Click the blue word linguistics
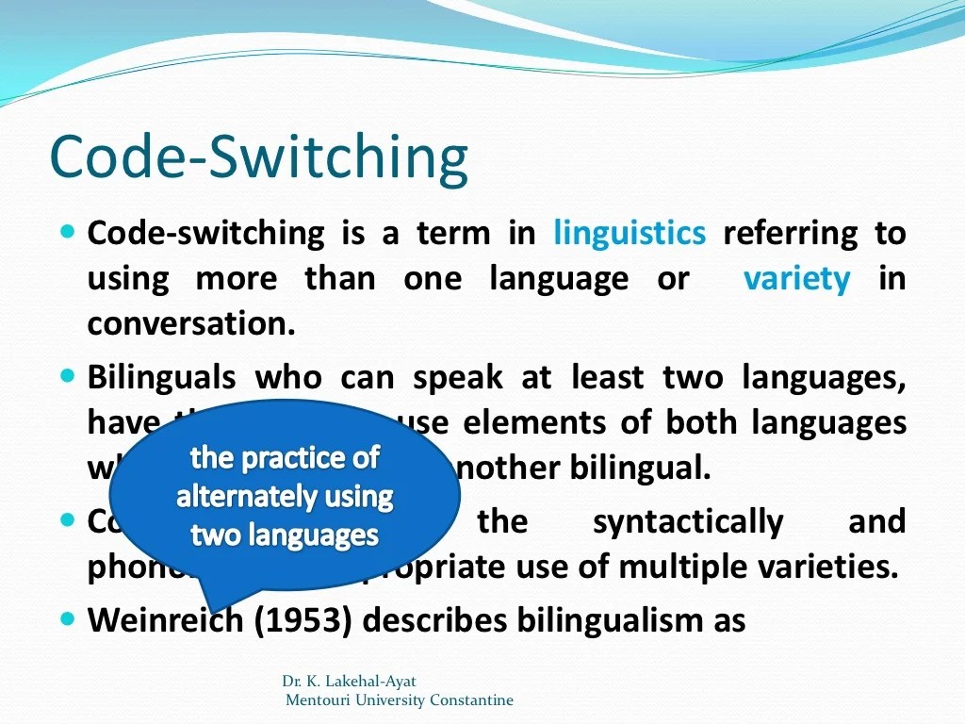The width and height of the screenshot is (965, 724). click(629, 233)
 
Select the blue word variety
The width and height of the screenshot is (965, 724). click(796, 279)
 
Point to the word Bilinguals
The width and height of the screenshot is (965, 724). click(161, 378)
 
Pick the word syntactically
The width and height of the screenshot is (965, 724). click(688, 521)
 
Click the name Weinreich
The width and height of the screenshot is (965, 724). click(166, 620)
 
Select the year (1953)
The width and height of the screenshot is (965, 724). click(303, 620)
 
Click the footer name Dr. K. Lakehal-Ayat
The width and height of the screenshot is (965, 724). click(349, 681)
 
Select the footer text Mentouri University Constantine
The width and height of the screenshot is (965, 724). click(400, 699)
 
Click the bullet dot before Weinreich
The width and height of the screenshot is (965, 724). click(67, 618)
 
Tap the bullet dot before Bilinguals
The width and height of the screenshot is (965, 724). click(67, 376)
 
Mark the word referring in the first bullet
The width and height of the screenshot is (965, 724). click(790, 233)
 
